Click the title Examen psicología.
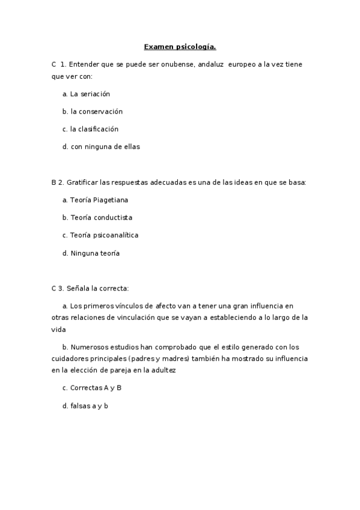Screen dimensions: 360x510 pyautogui.click(x=180, y=46)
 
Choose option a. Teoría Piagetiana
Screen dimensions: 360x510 pyautogui.click(x=95, y=199)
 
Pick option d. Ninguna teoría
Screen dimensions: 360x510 pyautogui.click(x=91, y=253)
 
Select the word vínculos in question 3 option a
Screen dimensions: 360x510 pyautogui.click(x=132, y=306)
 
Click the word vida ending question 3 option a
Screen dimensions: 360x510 pyautogui.click(x=58, y=330)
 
